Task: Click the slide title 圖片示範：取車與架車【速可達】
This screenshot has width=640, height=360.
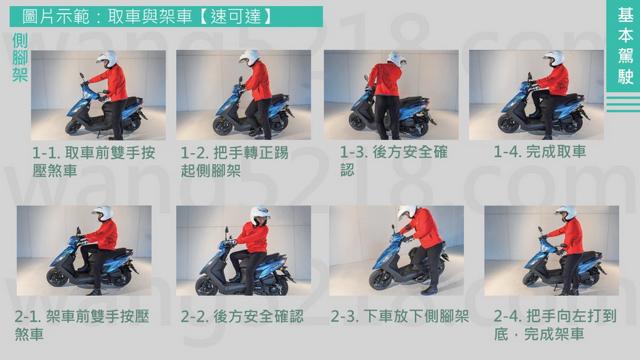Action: (x=146, y=17)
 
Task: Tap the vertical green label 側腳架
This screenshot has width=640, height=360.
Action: (x=20, y=58)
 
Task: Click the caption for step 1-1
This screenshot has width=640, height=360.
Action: (x=94, y=161)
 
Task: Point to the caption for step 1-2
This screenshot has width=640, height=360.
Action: (x=235, y=161)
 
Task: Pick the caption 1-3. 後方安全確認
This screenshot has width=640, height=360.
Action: (x=394, y=161)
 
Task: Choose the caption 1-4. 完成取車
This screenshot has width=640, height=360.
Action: (x=539, y=152)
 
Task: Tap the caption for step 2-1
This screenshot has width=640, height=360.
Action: (x=82, y=325)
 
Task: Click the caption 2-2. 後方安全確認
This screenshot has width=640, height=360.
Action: (x=242, y=316)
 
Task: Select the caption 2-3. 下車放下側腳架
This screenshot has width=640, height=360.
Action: (x=400, y=316)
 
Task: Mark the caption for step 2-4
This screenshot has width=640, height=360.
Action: (x=555, y=325)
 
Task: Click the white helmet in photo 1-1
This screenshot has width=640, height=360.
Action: (x=107, y=59)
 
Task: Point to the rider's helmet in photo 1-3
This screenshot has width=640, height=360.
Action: (x=397, y=59)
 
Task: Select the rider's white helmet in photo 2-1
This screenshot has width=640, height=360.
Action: (x=103, y=213)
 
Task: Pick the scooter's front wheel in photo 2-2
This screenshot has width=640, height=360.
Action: (x=207, y=286)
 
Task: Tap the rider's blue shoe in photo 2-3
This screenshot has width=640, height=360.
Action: (x=429, y=291)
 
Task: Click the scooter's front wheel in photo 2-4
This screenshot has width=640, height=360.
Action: (x=531, y=279)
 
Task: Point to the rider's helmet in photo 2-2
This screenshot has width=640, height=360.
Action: (x=260, y=215)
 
